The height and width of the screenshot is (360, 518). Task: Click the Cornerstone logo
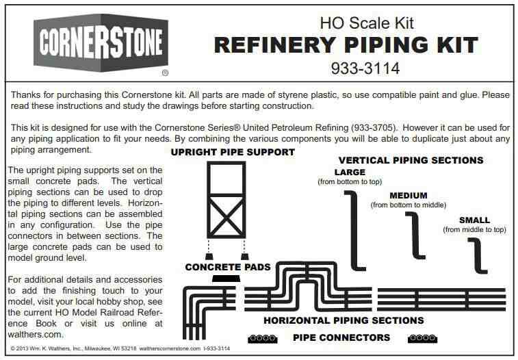point(100,44)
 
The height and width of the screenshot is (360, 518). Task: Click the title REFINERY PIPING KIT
point(346,45)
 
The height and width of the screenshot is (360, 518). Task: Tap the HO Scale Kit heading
point(367,23)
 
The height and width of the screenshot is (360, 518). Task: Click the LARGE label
point(350,172)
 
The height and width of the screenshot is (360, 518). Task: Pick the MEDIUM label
point(408,195)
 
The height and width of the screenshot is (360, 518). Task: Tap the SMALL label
point(474,220)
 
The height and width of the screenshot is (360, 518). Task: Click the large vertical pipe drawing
point(354,229)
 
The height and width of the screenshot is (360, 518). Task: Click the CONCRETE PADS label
point(228,267)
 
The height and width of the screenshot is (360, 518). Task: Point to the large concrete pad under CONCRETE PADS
point(226,279)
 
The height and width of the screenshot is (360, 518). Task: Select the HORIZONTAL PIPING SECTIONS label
point(344,320)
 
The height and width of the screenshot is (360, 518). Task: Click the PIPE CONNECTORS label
point(341,337)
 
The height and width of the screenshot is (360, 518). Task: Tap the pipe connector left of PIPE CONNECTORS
point(261,337)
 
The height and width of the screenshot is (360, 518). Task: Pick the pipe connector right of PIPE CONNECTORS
point(422,337)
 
